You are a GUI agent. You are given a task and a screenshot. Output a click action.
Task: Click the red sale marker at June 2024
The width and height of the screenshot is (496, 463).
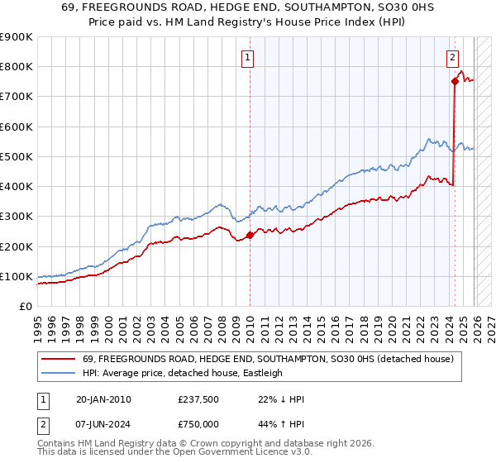[454, 81]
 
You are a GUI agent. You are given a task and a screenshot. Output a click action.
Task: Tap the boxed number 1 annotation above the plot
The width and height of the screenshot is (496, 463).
[249, 57]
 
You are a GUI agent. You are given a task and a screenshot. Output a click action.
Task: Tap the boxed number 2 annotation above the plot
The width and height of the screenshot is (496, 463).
[453, 57]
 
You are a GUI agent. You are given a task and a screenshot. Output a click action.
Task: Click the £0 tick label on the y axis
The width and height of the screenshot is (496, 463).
[25, 306]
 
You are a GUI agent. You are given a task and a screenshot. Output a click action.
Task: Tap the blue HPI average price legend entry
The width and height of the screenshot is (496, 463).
[182, 374]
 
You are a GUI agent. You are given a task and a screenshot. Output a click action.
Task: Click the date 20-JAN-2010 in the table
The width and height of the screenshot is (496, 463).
[103, 399]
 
